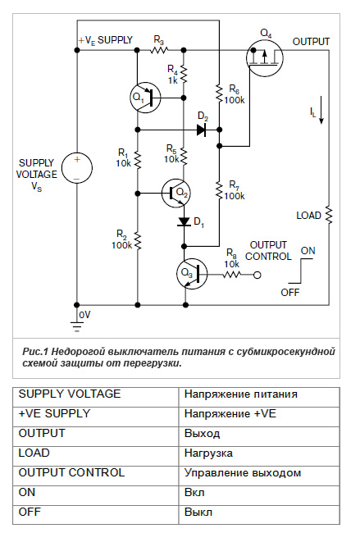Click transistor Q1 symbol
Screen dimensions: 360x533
145,98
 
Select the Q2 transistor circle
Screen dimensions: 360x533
175,193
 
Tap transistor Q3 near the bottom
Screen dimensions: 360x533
192,274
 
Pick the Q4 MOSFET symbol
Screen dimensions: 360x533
265,57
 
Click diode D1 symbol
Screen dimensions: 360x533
184,221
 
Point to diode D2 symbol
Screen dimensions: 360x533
202,130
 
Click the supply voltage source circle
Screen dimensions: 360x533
77,167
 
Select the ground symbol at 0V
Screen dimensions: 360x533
77,326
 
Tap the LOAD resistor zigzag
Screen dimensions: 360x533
329,215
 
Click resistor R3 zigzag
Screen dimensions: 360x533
159,50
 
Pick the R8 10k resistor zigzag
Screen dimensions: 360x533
232,275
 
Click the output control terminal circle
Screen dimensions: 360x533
257,275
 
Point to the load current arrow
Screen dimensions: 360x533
321,110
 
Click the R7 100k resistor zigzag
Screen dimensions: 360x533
219,190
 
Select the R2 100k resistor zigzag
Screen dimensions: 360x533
138,240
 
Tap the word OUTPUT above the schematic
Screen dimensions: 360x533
311,42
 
